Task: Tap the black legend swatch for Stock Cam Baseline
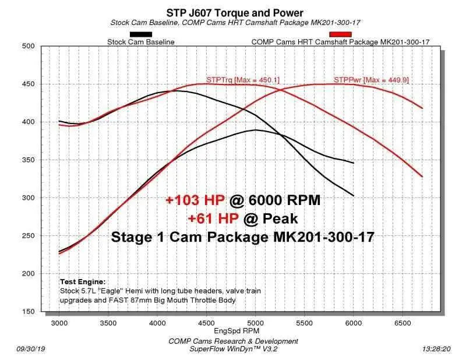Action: click(x=141, y=34)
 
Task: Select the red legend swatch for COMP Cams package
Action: click(x=340, y=34)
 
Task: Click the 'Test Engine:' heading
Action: click(x=82, y=281)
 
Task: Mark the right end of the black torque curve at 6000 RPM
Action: click(x=353, y=195)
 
